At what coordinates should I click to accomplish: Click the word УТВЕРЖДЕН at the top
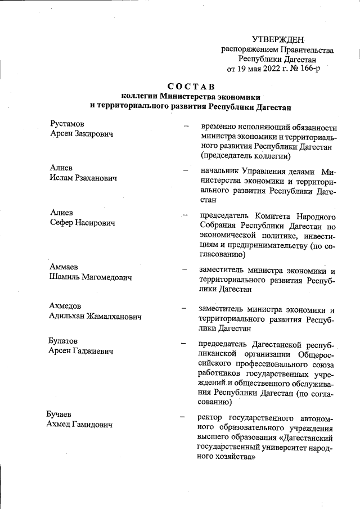(x=278, y=39)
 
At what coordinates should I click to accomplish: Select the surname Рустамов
(x=67, y=123)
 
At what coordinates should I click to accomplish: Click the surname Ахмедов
(x=65, y=306)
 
